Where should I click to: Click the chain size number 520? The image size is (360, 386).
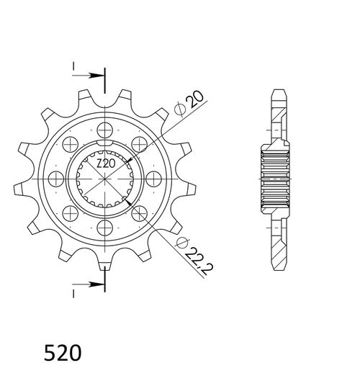(x=63, y=354)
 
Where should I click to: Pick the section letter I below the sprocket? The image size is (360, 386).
(x=73, y=293)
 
